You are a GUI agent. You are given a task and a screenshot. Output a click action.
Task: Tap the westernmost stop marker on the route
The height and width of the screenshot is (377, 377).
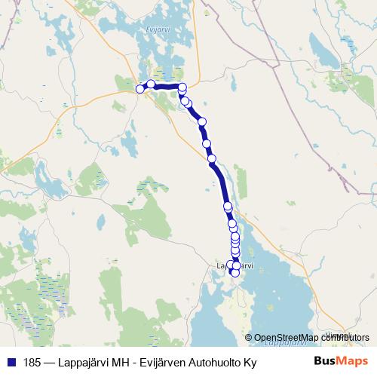tap(139, 89)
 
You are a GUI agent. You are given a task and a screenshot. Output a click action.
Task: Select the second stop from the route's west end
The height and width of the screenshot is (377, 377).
tap(151, 84)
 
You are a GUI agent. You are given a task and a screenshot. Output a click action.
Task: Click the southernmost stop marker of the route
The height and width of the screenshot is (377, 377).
tap(234, 272)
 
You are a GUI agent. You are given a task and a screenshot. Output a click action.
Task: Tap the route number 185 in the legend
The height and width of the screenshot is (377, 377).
tap(32, 361)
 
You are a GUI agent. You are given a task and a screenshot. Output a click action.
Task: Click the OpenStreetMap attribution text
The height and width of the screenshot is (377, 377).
tap(307, 337)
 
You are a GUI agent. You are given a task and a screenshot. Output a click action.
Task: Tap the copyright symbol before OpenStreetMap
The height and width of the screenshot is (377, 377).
tap(249, 337)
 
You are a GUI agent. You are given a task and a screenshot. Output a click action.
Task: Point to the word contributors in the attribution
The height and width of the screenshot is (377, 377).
tap(346, 337)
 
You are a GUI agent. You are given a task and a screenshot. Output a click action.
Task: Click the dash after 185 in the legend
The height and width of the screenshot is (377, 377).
tap(51, 361)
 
